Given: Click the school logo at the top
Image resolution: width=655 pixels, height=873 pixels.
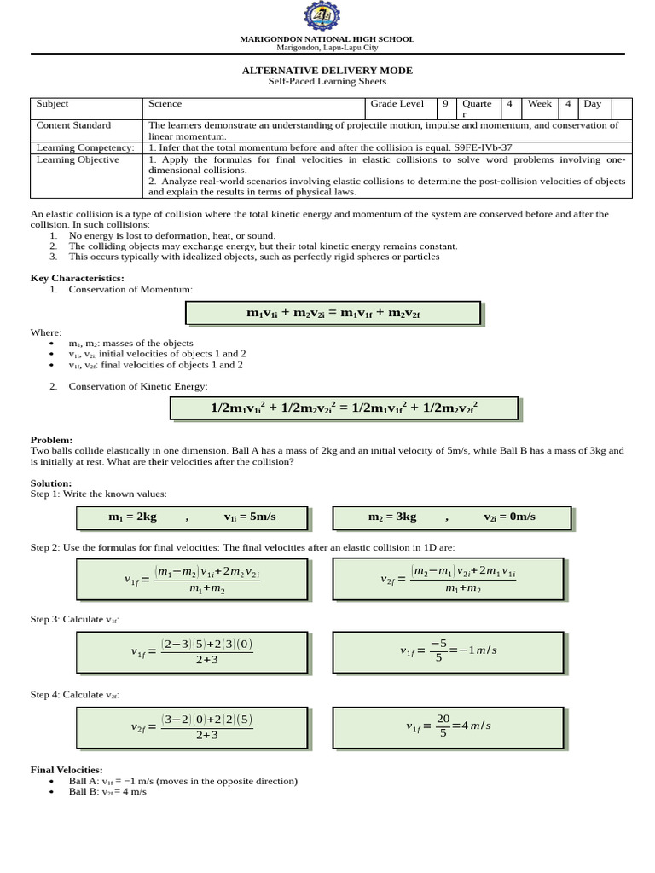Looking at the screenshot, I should coord(327,17).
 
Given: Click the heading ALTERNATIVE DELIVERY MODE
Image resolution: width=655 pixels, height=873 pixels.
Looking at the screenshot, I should coord(327,71).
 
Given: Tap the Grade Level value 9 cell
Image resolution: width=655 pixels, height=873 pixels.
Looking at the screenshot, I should coord(445,104).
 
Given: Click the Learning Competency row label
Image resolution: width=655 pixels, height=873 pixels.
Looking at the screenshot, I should coord(85,147).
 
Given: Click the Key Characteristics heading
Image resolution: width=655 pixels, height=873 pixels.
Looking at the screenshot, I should coord(78,278).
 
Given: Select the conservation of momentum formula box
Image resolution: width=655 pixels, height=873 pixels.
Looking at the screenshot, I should coord(333,314).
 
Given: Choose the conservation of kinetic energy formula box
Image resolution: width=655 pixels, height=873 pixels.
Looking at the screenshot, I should coord(344,408).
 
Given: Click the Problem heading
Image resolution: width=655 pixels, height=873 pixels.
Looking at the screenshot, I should coord(51,440).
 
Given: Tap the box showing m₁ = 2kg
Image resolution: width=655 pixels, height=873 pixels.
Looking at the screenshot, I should coord(193,517).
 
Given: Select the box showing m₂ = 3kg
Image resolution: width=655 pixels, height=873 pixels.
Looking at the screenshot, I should coord(451,517).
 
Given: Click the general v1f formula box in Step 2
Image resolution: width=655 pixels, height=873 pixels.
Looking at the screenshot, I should coord(193,580).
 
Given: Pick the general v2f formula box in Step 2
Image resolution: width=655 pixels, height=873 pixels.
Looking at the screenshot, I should coord(448,580).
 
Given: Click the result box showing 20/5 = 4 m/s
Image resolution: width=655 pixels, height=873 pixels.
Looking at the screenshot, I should coord(448,726).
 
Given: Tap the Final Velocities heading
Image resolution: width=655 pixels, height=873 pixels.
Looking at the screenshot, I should coord(67,770).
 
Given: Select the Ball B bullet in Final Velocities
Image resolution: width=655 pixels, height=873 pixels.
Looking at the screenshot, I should coord(107,792).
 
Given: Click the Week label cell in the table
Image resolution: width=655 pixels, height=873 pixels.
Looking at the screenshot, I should coord(539,104).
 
